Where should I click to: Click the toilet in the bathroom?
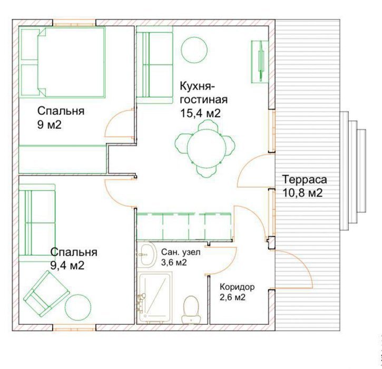191,310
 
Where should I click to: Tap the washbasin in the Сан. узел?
147,255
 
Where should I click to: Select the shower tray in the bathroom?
155,298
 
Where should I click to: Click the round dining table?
204,149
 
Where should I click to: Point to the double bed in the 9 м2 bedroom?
62,62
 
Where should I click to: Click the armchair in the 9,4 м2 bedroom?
46,293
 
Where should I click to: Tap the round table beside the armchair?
78,307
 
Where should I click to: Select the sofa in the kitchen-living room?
155,65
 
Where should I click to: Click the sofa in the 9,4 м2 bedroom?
37,223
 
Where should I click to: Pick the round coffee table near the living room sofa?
194,50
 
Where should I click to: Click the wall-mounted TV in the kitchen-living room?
260,62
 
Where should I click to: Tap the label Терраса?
305,180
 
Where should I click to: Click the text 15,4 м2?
200,113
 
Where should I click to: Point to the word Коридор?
237,287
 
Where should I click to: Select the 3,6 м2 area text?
174,263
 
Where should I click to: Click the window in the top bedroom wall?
74,24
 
